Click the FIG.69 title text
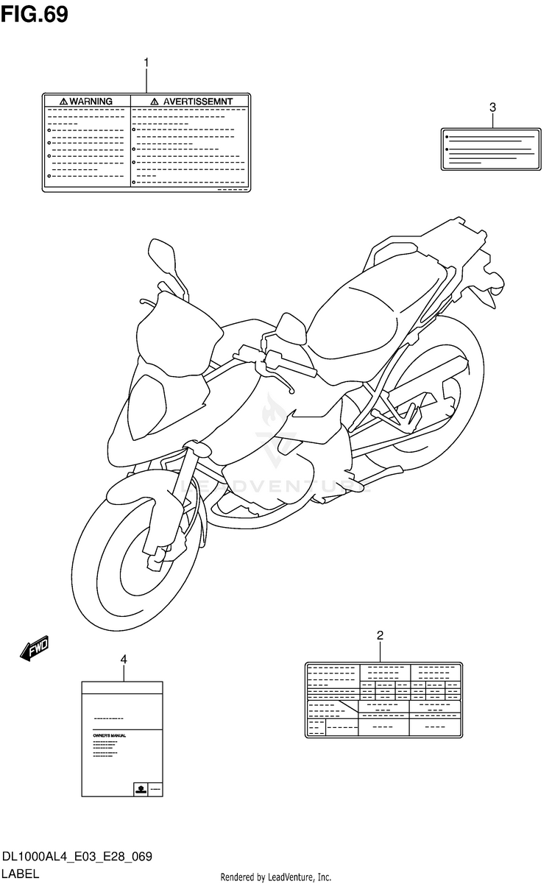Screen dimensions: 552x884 (35, 14)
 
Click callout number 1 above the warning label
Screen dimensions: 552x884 (146, 63)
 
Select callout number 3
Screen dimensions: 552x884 (492, 107)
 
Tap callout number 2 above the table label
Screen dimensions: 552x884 (380, 635)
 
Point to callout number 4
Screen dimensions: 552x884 (123, 659)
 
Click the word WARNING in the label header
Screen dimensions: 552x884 (91, 101)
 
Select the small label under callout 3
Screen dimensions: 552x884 (492, 149)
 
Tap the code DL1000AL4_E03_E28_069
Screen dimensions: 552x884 (77, 858)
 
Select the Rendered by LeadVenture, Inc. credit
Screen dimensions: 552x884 (276, 877)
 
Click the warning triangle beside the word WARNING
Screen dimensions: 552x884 (63, 101)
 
